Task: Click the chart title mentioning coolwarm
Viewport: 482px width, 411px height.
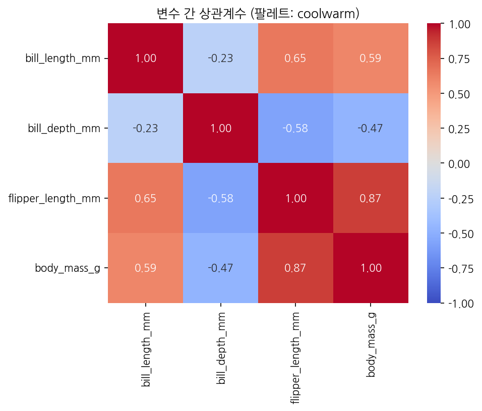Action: click(258, 14)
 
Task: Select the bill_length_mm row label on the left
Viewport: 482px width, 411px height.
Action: click(63, 58)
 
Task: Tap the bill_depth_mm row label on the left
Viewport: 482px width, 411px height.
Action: click(64, 128)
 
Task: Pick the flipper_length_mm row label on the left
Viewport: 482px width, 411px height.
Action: click(54, 198)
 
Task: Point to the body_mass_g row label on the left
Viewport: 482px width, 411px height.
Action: click(68, 268)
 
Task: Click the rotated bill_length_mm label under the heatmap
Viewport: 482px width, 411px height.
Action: click(146, 349)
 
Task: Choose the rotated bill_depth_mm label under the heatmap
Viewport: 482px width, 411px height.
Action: click(221, 348)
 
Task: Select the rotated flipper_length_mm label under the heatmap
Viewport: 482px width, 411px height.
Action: click(295, 358)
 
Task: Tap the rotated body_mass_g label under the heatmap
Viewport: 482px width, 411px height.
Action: click(371, 345)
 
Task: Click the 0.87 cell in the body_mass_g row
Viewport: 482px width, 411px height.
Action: click(295, 268)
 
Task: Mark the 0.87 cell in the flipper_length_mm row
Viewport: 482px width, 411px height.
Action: click(371, 198)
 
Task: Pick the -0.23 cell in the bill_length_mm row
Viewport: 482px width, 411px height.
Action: click(220, 58)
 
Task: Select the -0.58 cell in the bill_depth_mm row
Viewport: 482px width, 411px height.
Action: click(295, 128)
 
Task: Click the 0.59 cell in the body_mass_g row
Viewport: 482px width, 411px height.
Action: click(145, 268)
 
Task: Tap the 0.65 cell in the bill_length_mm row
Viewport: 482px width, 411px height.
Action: click(295, 58)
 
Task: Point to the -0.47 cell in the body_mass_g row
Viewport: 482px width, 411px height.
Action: click(220, 268)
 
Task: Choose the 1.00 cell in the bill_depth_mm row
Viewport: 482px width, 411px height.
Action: click(220, 128)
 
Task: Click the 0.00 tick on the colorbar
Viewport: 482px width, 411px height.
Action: click(442, 163)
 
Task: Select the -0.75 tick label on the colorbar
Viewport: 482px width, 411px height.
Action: click(461, 269)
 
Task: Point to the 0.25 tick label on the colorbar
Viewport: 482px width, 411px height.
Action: click(459, 129)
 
